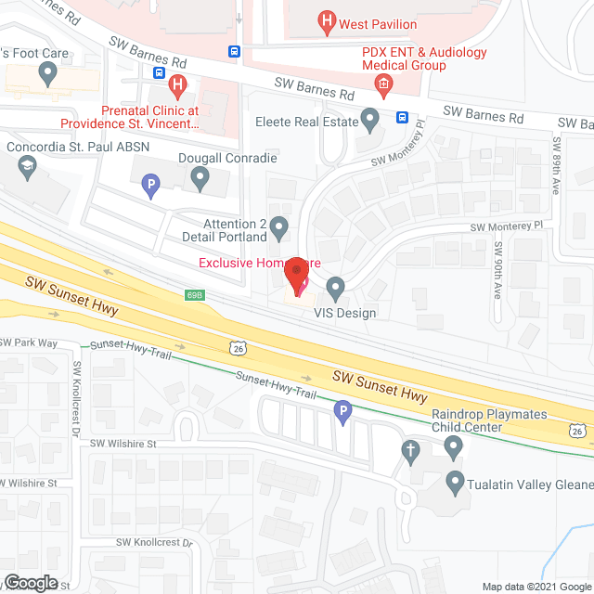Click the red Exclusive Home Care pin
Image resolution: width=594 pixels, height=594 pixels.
(x=297, y=277)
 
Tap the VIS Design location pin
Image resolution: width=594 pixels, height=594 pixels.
(x=336, y=287)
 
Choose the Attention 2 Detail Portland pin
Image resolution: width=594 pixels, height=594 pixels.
(x=279, y=226)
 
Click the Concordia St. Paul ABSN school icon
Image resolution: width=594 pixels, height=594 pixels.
(x=25, y=168)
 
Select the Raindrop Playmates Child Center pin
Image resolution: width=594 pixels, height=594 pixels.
(x=454, y=448)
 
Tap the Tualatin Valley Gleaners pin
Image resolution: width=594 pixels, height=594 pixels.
(x=455, y=482)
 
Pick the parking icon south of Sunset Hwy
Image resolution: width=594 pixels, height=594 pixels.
(x=342, y=413)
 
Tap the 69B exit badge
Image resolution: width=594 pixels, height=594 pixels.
(x=194, y=294)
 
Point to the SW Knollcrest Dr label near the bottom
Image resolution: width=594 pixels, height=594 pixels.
(x=153, y=542)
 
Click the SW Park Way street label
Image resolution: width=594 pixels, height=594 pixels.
(x=29, y=343)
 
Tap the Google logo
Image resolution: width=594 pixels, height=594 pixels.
(x=30, y=582)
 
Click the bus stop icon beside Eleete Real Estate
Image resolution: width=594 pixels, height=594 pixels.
(x=402, y=117)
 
